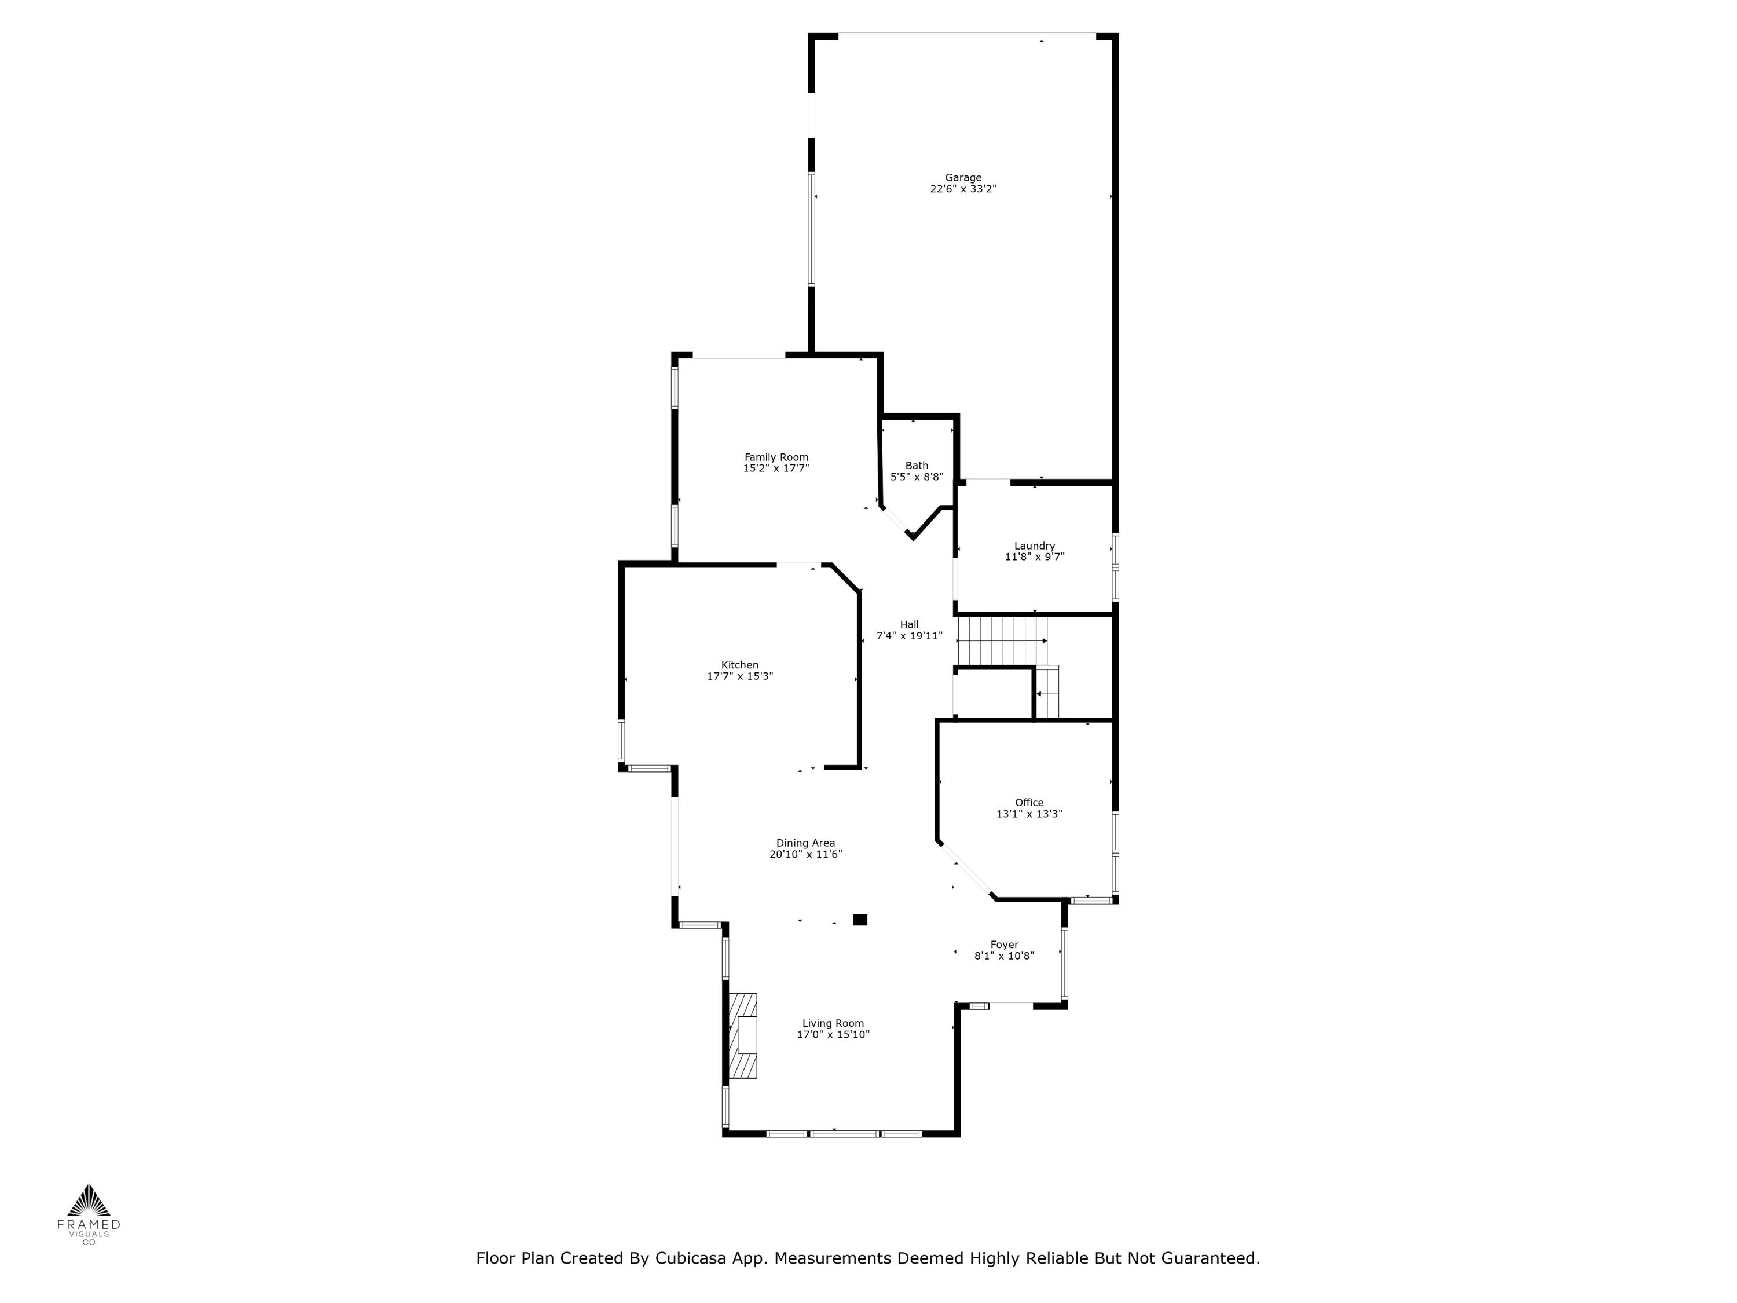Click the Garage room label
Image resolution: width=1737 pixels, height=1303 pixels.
[963, 178]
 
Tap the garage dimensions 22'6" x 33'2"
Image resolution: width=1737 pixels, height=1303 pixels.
[963, 189]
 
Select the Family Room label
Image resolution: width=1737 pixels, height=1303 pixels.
[776, 457]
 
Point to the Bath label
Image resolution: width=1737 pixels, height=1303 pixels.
[917, 465]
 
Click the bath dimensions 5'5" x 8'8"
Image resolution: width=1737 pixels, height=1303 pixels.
[917, 477]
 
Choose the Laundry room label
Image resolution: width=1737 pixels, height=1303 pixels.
[1034, 546]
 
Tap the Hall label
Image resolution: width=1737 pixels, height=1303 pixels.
[910, 624]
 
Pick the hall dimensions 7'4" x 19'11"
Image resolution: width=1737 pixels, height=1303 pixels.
[910, 636]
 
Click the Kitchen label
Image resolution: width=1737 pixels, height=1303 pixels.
[740, 664]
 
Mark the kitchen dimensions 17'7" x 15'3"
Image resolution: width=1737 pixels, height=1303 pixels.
[740, 676]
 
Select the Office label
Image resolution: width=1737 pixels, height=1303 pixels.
[1029, 803]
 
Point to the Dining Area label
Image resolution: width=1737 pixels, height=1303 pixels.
[806, 843]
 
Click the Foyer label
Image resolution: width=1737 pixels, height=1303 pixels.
[1005, 945]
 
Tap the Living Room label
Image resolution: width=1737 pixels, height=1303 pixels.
[833, 1023]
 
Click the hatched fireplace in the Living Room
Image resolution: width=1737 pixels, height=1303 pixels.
[742, 1036]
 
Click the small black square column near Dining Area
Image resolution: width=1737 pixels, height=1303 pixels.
[860, 920]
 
